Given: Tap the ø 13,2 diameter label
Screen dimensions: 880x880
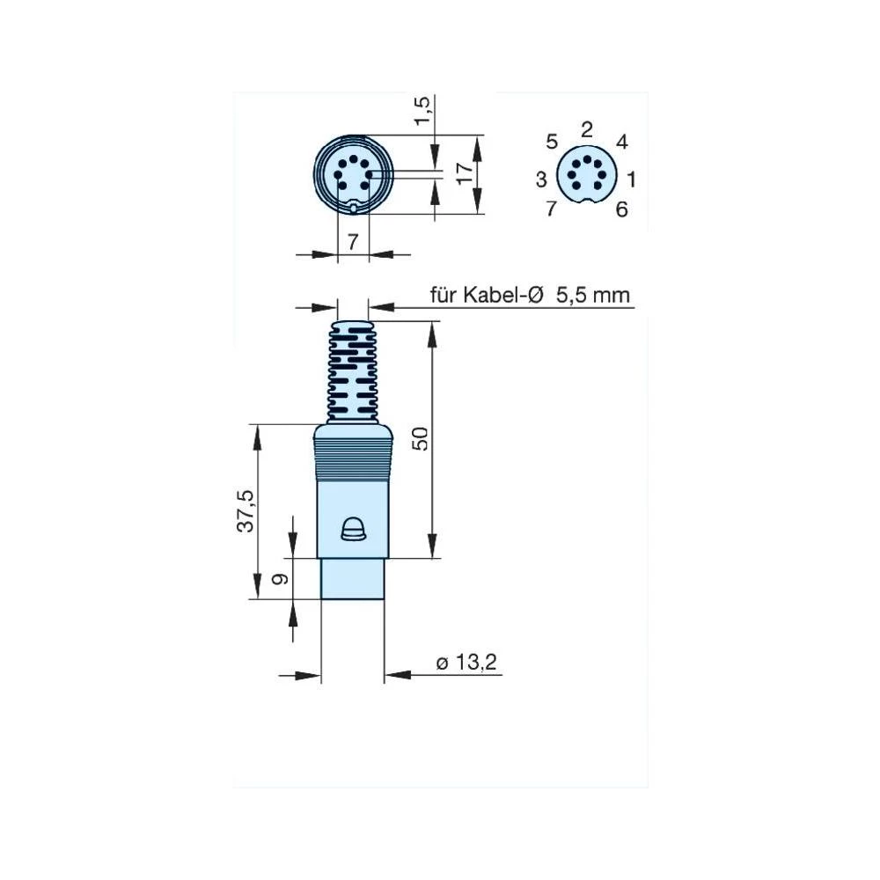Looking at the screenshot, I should (467, 663).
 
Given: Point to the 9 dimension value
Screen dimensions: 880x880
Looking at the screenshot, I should (281, 579).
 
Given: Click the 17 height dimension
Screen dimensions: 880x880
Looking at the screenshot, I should (465, 172).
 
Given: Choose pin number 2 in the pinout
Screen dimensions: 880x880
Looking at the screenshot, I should (587, 130).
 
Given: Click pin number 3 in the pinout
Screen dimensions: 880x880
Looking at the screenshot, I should (541, 180).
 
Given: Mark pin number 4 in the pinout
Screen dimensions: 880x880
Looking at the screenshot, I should (621, 142).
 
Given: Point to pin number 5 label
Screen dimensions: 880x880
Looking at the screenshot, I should (552, 142).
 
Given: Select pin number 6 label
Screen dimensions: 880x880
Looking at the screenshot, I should (621, 209).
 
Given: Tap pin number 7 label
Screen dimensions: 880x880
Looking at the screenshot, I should (552, 209).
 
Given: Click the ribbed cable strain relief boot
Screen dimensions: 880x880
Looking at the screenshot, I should (353, 370).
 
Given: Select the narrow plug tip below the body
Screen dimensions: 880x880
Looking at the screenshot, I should (352, 578).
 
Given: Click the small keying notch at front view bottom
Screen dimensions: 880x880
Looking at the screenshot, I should (353, 209).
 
